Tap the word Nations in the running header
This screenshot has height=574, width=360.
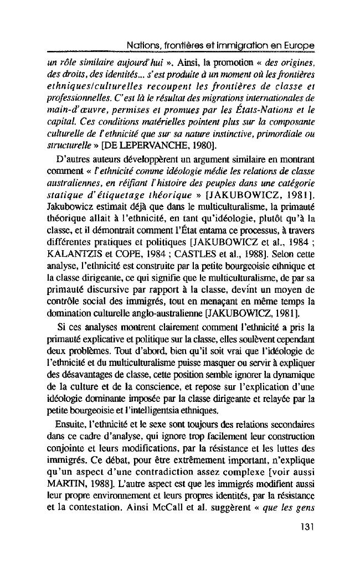141,44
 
